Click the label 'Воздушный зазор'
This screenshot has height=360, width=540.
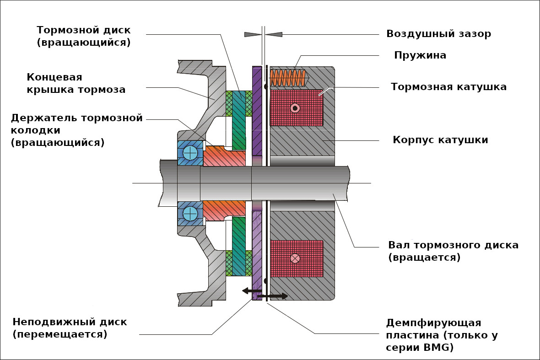[438, 34]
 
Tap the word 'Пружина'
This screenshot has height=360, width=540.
[420, 55]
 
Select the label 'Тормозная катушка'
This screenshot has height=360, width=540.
[448, 87]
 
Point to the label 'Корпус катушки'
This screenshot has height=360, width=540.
[440, 140]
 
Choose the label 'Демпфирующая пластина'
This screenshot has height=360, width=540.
[442, 335]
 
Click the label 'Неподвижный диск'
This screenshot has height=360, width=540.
[70, 328]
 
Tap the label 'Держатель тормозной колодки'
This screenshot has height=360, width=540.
[77, 130]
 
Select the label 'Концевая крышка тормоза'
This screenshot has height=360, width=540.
[76, 83]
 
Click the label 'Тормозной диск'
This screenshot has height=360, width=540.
[84, 36]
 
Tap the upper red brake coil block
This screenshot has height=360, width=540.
[297, 108]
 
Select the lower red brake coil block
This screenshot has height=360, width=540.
[297, 258]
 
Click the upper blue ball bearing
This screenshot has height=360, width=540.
[190, 153]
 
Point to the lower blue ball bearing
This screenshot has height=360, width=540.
[190, 214]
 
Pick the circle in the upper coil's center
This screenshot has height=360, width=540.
[295, 108]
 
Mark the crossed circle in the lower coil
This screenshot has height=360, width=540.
[295, 258]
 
